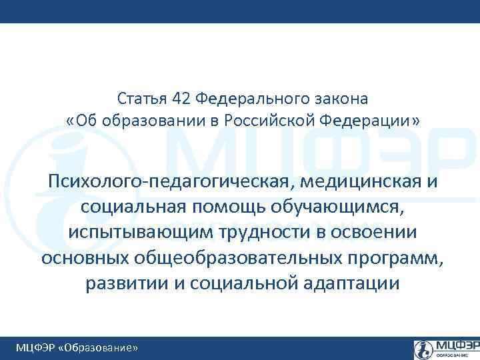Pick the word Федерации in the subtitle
tap(365, 121)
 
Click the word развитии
tap(127, 283)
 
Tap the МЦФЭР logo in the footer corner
tap(445, 348)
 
